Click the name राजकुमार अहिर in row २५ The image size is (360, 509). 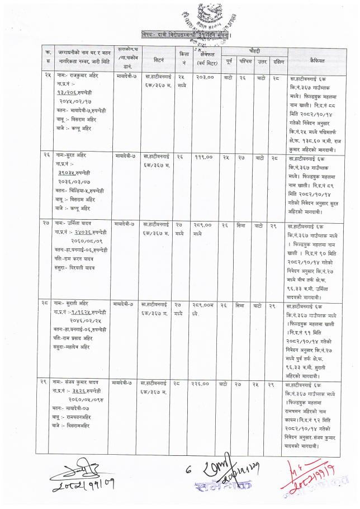click(77, 74)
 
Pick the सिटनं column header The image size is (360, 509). click(158, 58)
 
